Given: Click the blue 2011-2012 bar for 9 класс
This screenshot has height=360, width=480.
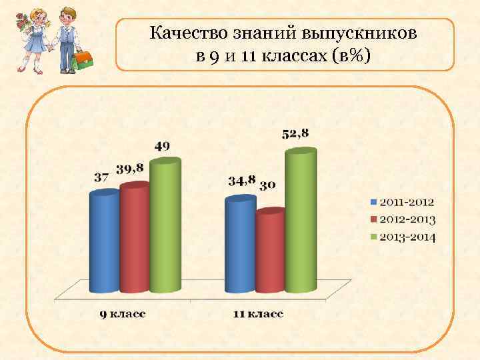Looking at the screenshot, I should pos(104,243).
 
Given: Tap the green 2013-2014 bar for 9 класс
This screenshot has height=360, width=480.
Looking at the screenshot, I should pos(165,227).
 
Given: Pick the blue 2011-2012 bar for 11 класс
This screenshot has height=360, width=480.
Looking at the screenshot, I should pos(240,245).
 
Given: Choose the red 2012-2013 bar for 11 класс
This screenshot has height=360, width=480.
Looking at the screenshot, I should pos(269,252).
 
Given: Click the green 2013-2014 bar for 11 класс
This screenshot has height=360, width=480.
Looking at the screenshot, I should pos(300,221).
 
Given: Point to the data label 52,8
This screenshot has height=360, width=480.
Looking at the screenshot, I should pos(296,133).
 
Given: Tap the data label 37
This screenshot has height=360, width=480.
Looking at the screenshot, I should pos(101,178).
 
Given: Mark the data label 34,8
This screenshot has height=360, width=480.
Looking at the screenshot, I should pos(241,181).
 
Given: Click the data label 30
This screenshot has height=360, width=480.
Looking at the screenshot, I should pos(268,185).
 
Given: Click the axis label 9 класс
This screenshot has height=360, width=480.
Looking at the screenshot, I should pos(123,313).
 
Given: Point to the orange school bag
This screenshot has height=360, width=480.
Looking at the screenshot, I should pos(83,59).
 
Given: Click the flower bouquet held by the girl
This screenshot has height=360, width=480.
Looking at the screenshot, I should pos(23,29).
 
